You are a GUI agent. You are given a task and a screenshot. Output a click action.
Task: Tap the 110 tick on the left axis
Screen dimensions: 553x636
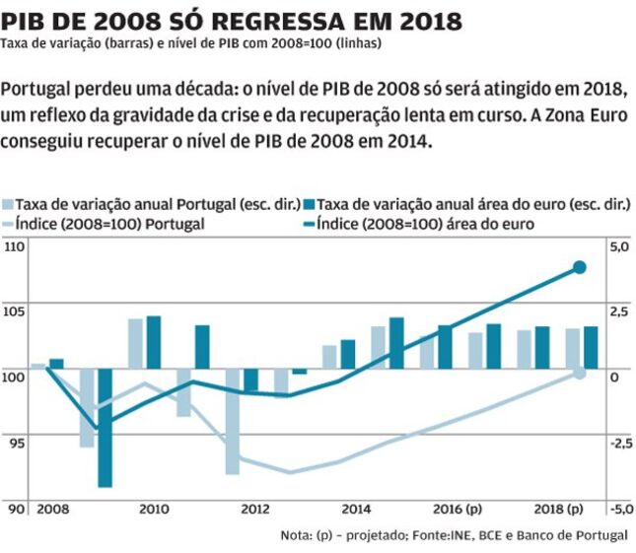[17, 245]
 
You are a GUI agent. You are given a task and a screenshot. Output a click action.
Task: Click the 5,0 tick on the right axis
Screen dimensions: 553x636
[618, 246]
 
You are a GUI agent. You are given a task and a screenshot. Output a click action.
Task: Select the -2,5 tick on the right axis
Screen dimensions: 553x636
[617, 444]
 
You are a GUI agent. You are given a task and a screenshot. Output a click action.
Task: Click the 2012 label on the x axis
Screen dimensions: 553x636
[255, 510]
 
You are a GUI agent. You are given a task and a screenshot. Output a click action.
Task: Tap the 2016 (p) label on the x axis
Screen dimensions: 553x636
[459, 510]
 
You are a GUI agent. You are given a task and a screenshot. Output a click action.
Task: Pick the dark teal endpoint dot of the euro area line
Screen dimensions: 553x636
[580, 267]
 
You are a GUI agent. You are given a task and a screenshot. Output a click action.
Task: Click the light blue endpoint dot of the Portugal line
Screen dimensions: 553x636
[580, 372]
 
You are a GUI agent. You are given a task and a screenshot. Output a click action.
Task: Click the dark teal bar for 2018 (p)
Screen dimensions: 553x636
[591, 346]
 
